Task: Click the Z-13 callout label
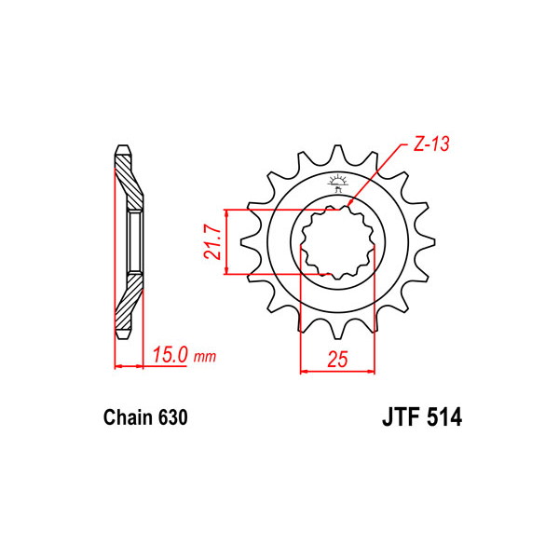pos(431,143)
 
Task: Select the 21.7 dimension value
pos(212,241)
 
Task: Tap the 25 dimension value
pos(337,360)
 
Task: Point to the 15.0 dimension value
pos(170,355)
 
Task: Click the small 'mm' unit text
pos(205,357)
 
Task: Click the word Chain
pos(129,417)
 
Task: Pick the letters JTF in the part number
pos(401,416)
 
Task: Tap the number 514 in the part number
pos(443,416)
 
